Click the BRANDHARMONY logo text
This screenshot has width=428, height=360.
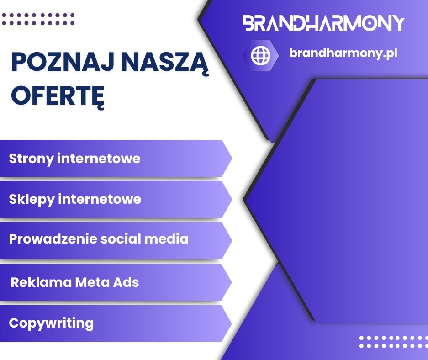point(323,23)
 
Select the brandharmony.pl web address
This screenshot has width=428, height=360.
point(343,53)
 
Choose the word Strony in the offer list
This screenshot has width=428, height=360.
point(31,159)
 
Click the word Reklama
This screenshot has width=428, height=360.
point(36,282)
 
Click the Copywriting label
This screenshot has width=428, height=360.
point(51,323)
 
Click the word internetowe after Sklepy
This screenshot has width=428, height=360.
point(99,199)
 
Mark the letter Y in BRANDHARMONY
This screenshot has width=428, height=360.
point(397,23)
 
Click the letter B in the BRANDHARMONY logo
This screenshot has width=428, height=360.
point(250,23)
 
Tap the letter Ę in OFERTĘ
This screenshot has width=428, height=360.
point(97,96)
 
